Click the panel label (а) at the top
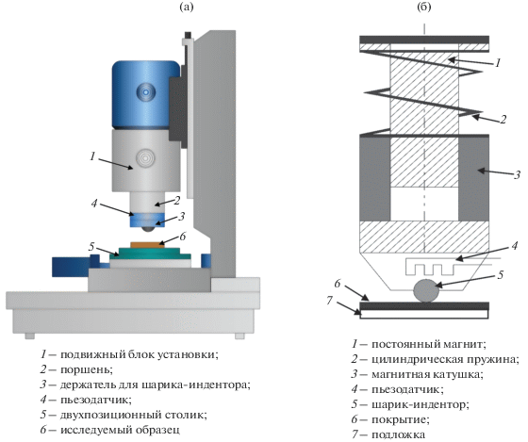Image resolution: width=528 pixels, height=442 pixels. tap(187, 7)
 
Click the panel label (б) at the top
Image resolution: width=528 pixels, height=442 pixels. tap(424, 7)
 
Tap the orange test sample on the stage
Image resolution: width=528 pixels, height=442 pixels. tap(147, 245)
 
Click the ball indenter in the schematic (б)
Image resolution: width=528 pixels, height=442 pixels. tap(426, 290)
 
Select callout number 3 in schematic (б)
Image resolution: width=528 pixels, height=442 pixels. tap(518, 175)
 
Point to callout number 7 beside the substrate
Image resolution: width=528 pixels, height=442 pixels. tap(330, 301)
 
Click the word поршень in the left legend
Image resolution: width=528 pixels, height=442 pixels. tap(87, 369)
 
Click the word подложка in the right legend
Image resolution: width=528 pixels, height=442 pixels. tap(398, 434)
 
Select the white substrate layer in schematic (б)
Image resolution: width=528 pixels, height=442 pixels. tap(424, 314)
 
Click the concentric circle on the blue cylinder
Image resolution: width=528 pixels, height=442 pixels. tap(146, 92)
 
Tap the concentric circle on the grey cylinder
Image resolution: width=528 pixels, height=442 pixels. tap(145, 157)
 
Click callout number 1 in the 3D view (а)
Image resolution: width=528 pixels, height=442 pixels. tap(92, 156)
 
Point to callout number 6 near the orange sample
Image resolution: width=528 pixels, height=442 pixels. tap(183, 237)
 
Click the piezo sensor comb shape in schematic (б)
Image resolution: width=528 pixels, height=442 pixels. tap(432, 267)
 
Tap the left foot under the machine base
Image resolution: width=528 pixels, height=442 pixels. tap(29, 336)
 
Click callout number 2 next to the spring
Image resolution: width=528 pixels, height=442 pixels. tap(503, 120)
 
